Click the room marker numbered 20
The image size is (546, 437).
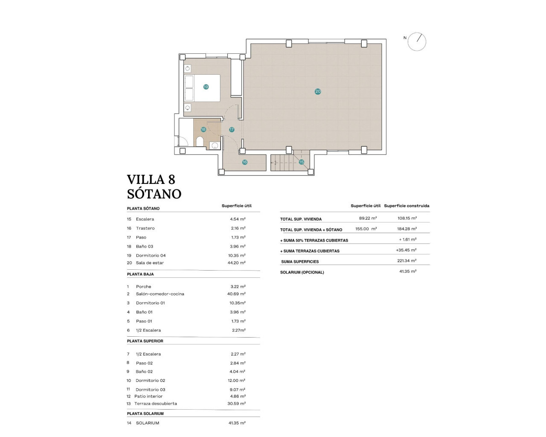click(x=318, y=91)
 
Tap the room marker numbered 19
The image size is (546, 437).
click(x=206, y=87)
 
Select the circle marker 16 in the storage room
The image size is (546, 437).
click(x=244, y=162)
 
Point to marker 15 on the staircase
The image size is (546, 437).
click(x=301, y=162)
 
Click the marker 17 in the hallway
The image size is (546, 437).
click(x=232, y=129)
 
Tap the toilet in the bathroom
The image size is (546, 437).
click(x=200, y=141)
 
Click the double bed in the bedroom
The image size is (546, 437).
click(x=202, y=88)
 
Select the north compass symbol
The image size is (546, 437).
click(x=416, y=42)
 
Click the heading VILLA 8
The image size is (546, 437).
click(x=151, y=179)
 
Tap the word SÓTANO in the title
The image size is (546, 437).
click(x=154, y=194)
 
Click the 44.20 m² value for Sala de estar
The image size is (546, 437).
click(x=236, y=263)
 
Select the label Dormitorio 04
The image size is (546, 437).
click(x=151, y=256)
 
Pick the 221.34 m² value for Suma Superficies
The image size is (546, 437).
click(x=407, y=261)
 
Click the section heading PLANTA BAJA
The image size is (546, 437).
click(x=140, y=274)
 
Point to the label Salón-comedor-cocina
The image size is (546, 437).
click(x=160, y=294)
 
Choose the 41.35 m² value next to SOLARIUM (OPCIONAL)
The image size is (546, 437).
click(x=407, y=271)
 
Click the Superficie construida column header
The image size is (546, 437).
click(x=407, y=206)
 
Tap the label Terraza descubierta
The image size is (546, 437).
click(x=155, y=404)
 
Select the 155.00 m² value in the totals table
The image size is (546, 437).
click(x=366, y=229)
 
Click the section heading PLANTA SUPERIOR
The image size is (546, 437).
click(x=145, y=341)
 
